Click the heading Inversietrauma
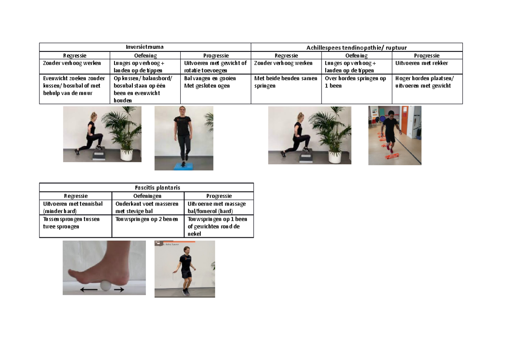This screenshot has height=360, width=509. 145,48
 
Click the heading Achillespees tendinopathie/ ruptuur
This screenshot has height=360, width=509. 356,48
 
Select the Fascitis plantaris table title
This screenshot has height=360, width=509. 146,188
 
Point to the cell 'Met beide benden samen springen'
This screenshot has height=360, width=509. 286,82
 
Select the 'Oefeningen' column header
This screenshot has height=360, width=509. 148,196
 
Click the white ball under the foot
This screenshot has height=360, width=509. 105,287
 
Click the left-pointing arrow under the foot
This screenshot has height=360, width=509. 89,290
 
